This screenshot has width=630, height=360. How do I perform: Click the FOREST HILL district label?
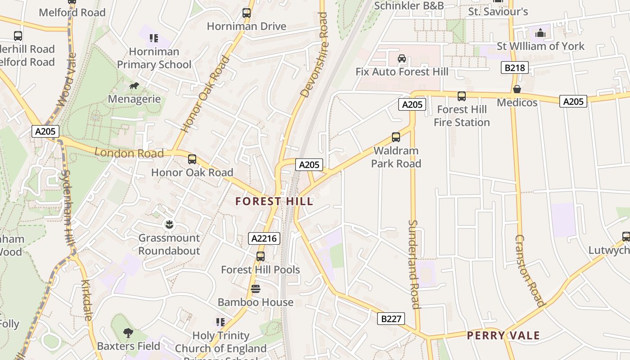(x=274, y=201)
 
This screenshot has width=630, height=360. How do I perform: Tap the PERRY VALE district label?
(x=503, y=335)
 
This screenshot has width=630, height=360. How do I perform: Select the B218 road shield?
(x=514, y=68)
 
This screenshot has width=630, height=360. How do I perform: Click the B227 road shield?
(x=391, y=319)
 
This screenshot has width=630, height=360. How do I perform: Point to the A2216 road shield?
(x=264, y=238)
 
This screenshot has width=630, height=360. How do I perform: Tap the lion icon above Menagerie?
(x=134, y=85)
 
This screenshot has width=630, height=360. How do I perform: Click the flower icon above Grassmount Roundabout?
(x=169, y=224)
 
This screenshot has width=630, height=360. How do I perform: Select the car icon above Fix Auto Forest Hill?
(x=402, y=58)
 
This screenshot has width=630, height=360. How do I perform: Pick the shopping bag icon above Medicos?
(x=517, y=89)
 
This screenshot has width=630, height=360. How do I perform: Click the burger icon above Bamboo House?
(x=256, y=288)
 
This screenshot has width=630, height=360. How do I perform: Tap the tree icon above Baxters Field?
(x=128, y=333)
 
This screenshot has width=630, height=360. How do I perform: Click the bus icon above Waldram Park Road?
(x=396, y=137)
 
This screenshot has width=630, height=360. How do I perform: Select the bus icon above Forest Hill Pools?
(x=260, y=256)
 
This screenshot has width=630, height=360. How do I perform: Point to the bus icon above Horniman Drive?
(x=247, y=13)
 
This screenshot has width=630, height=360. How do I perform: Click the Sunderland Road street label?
(x=414, y=264)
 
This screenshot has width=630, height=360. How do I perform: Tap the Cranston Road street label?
(x=529, y=270)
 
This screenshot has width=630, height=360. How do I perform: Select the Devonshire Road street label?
(x=315, y=55)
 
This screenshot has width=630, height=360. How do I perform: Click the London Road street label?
(x=129, y=153)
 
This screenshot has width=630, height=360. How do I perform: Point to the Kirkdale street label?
(x=86, y=300)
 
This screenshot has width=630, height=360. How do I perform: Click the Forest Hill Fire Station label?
(x=462, y=116)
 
